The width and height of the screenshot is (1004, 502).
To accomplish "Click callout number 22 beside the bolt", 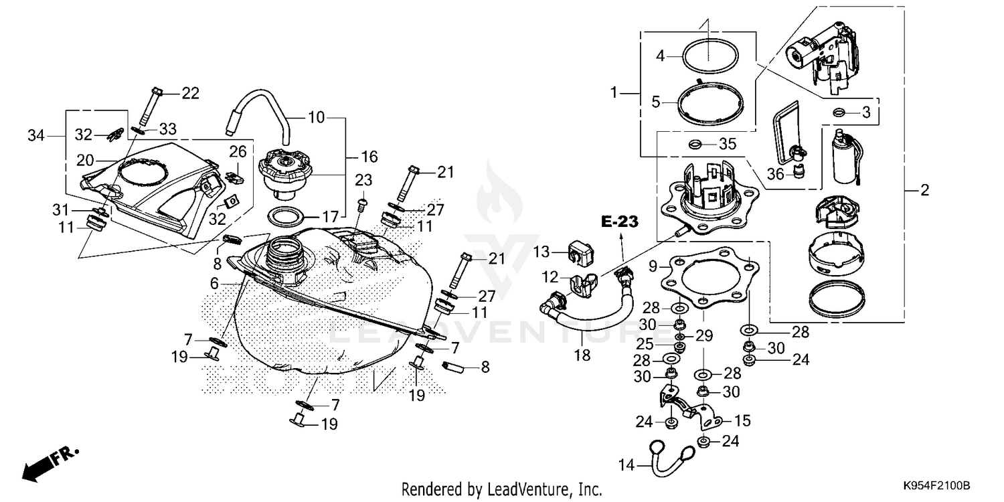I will click(191, 93).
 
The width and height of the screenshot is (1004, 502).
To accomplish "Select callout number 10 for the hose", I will click(316, 118).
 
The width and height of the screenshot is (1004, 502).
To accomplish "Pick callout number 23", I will click(363, 179).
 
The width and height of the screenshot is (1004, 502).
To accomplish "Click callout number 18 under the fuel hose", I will click(582, 355).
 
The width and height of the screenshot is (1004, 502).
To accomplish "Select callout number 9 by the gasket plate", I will click(652, 265).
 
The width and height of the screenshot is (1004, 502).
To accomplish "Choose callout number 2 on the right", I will click(924, 191).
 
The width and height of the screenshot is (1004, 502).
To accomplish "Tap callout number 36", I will click(775, 174).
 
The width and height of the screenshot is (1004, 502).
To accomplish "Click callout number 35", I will click(727, 143).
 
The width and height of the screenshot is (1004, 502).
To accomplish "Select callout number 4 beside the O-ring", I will click(660, 56).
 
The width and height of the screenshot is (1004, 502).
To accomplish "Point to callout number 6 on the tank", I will click(214, 284).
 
